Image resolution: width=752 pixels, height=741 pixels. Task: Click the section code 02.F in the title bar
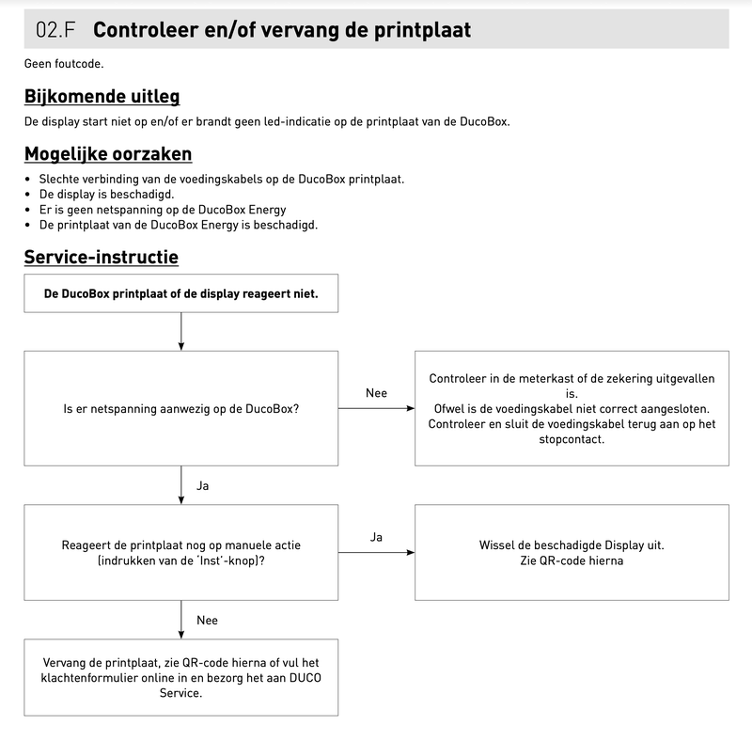click(55, 29)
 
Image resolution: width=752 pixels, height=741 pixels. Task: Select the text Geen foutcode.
click(63, 64)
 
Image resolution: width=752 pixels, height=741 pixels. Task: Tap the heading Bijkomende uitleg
click(102, 96)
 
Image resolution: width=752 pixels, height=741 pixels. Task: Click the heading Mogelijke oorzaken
click(107, 153)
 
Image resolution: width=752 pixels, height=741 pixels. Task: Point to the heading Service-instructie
click(101, 257)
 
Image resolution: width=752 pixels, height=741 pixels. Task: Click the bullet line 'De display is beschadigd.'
click(106, 194)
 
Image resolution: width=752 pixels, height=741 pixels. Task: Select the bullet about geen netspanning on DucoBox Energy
click(162, 210)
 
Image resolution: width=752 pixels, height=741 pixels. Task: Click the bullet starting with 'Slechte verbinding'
click(221, 179)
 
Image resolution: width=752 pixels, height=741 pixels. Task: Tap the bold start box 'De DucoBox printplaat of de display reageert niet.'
click(180, 293)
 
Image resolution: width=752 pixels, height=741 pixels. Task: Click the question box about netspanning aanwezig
click(180, 408)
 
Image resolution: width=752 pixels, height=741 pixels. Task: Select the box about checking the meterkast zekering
click(572, 408)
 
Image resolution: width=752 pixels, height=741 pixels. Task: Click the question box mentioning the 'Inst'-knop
click(180, 552)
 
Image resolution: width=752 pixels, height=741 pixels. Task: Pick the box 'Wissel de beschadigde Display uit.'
click(572, 552)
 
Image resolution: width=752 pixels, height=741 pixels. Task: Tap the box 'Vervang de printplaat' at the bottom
click(180, 677)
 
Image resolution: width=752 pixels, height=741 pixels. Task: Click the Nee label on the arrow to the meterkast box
click(376, 392)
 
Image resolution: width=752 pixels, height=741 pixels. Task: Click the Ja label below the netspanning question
click(203, 486)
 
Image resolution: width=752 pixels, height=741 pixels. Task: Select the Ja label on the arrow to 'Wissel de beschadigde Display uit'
click(376, 537)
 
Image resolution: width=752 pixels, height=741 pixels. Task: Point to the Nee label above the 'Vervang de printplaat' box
click(207, 621)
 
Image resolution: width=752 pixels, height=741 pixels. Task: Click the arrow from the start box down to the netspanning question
click(180, 331)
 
